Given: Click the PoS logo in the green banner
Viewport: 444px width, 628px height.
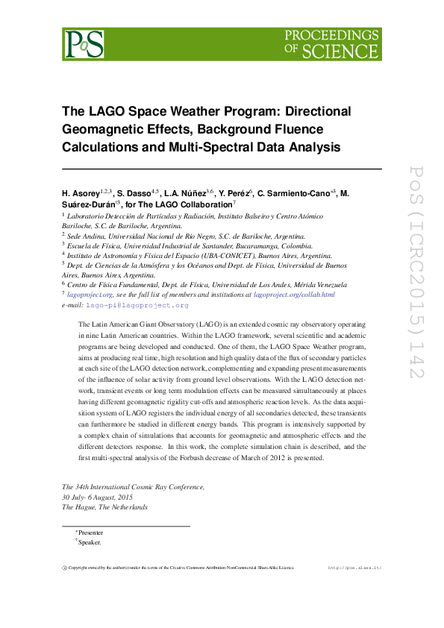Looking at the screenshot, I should coord(83,44).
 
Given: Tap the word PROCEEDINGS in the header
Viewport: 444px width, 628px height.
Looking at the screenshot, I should coord(332,35).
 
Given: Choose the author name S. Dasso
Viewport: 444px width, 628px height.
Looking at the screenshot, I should coord(134,194).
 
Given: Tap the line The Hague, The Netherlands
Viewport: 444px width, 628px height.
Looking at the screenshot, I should coord(104,507).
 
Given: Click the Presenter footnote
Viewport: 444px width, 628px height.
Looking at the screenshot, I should coord(90,533).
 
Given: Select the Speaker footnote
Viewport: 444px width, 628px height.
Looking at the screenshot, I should coord(89,543).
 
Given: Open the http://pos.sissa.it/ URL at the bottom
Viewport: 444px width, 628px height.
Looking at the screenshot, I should coord(354,568).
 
